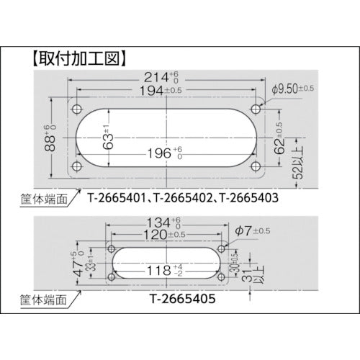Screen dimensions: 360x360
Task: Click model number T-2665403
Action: click(253, 196)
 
